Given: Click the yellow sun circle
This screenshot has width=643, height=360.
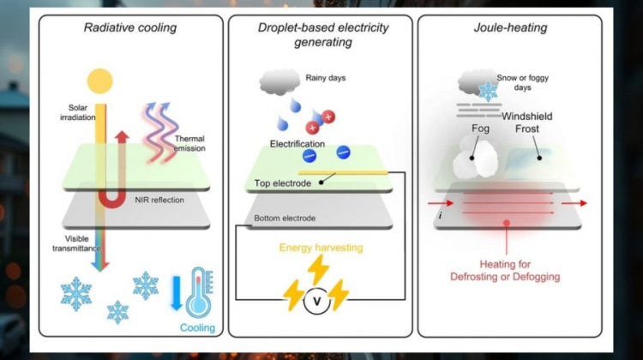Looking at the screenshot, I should [100, 80].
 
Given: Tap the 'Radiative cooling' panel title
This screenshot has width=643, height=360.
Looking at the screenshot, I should [130, 28].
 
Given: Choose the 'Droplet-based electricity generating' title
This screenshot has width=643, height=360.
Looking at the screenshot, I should [321, 35].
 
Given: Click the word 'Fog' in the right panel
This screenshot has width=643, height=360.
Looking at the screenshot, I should [481, 131].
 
